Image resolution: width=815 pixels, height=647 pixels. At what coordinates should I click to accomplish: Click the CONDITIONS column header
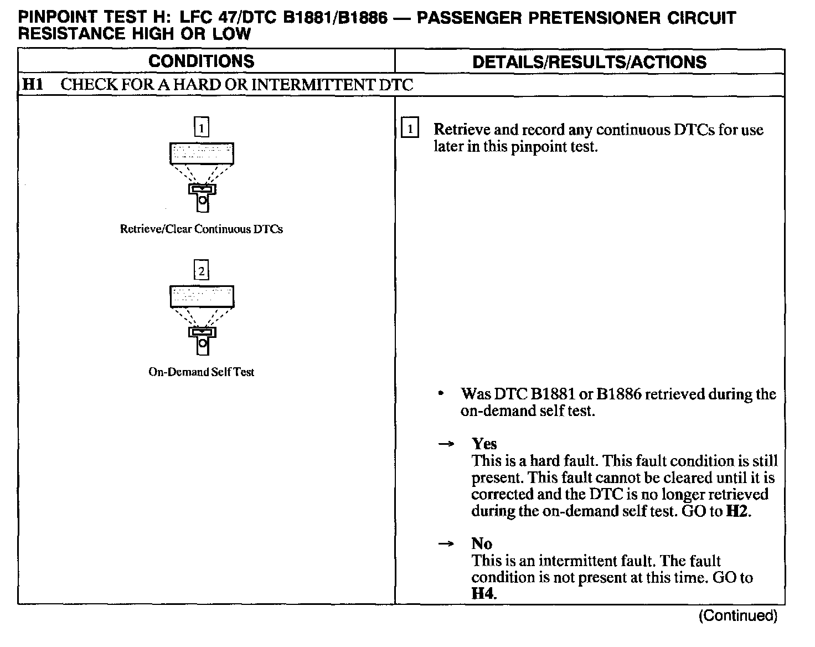(201, 61)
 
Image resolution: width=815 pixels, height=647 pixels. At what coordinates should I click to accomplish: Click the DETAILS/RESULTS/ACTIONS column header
(589, 61)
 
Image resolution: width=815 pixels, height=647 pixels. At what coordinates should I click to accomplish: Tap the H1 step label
(32, 85)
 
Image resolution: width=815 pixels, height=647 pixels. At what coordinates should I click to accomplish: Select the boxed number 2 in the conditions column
(202, 271)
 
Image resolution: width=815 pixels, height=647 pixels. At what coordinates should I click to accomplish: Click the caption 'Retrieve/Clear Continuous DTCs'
(201, 229)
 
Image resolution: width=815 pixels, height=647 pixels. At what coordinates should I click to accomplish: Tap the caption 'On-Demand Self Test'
(201, 372)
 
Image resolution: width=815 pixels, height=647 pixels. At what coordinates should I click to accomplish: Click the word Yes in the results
(484, 444)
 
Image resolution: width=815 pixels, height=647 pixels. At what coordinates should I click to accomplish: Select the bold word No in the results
(482, 543)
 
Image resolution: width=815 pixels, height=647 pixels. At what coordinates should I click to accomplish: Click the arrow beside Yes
(446, 444)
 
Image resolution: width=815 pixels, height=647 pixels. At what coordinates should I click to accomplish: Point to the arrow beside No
(446, 544)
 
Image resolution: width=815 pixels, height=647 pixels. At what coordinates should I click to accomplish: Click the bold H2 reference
(737, 511)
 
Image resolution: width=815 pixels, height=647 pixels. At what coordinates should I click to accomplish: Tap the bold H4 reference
(483, 594)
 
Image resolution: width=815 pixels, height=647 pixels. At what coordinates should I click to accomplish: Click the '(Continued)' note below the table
(737, 615)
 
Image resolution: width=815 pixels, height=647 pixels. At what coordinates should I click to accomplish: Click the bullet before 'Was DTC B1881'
(441, 394)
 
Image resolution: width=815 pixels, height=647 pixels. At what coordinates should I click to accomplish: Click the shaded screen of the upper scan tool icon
(202, 153)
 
